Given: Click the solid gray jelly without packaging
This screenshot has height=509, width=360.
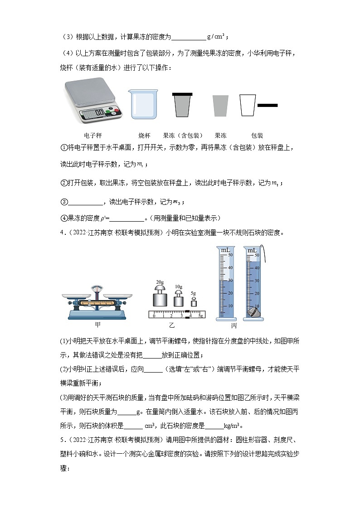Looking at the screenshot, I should tap(220, 107).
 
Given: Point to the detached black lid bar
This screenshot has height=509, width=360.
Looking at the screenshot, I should tap(268, 105).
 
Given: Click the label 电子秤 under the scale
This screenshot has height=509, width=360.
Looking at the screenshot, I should tap(93, 136).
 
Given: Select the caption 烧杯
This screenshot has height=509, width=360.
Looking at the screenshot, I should tap(144, 136).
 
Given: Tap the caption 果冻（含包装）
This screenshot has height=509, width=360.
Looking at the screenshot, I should tap(183, 136).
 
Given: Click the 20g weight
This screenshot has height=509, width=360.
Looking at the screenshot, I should tap(160, 299).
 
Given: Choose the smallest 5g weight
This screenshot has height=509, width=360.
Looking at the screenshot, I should tap(194, 302).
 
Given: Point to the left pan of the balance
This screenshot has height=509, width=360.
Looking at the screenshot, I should tap(74, 296).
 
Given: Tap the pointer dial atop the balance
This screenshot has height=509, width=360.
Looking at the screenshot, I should tap(97, 289).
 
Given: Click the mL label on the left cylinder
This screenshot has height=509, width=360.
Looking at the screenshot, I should tap(225, 250).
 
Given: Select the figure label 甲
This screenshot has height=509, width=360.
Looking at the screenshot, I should tap(97, 325).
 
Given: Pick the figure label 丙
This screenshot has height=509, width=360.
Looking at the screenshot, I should tap(234, 325).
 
